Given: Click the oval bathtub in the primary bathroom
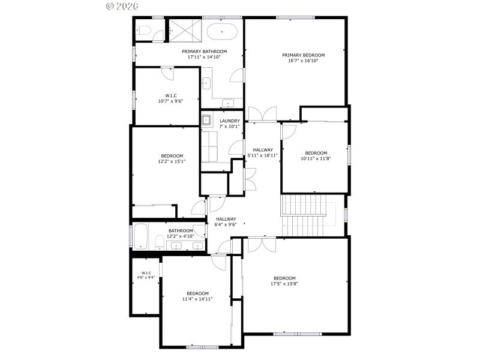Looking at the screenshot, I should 222,29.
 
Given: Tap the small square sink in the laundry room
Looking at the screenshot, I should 206,119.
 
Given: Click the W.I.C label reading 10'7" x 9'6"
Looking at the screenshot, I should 170,98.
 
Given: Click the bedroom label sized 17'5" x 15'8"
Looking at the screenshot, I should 284,281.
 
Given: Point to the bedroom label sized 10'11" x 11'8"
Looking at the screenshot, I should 316,156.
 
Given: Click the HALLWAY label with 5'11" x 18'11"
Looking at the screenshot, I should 263,152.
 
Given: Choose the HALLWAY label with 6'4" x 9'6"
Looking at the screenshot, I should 226,221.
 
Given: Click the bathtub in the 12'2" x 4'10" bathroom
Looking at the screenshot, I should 142,236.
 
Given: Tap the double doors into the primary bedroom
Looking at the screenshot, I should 262,113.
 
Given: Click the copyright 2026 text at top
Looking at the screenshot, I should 122,6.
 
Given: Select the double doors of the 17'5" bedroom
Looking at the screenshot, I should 262,244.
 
